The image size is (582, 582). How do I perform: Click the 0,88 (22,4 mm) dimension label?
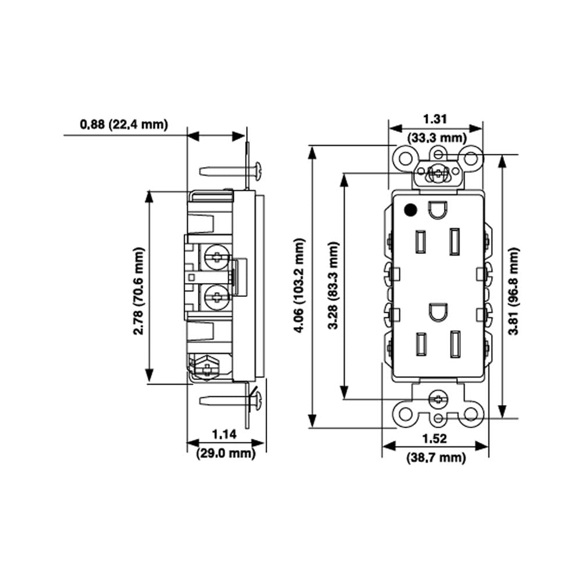(x=124, y=124)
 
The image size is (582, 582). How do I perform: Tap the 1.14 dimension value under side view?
(x=225, y=434)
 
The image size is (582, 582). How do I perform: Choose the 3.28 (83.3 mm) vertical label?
(x=333, y=285)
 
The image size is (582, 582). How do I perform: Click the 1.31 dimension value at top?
(x=435, y=119)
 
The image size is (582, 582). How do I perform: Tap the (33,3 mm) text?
(x=436, y=138)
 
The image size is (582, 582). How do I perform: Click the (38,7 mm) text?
(x=436, y=458)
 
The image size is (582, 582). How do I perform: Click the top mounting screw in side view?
(x=231, y=171)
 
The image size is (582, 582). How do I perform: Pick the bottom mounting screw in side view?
(x=231, y=400)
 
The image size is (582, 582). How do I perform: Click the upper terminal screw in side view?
(x=216, y=257)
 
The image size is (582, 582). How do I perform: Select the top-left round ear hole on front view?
(x=404, y=157)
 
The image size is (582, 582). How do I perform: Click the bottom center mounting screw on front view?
(x=436, y=399)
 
